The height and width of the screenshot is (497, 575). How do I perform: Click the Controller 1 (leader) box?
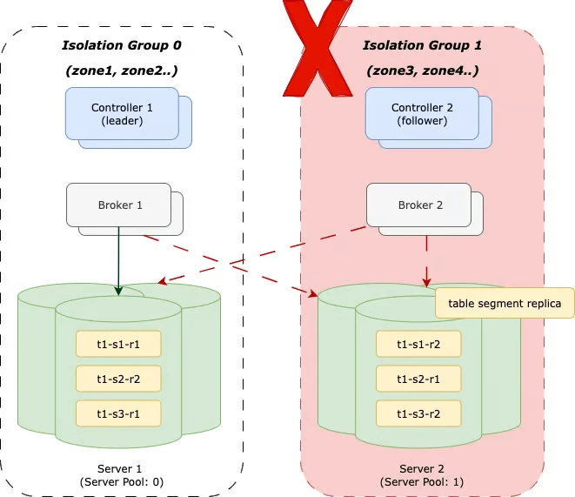tap(122, 114)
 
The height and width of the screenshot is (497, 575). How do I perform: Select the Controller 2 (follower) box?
tap(420, 114)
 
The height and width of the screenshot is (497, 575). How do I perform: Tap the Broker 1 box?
tap(119, 205)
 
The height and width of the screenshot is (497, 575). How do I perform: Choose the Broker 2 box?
tap(419, 205)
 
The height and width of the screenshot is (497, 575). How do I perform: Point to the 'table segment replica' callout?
tap(505, 304)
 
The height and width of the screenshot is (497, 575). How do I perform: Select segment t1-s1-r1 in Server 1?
tap(118, 344)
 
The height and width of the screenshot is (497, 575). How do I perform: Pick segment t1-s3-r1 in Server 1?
tap(118, 413)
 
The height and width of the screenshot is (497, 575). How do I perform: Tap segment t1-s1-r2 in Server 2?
tap(418, 344)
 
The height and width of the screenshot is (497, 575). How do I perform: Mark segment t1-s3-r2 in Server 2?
tap(418, 413)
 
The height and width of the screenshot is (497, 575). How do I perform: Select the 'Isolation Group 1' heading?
tap(422, 45)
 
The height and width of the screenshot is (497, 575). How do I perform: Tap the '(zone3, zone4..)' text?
tap(422, 71)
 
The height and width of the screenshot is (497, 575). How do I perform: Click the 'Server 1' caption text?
tap(119, 469)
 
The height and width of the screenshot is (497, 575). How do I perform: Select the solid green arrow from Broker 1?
tap(118, 261)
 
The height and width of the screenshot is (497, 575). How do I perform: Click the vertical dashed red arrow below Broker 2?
tap(426, 261)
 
